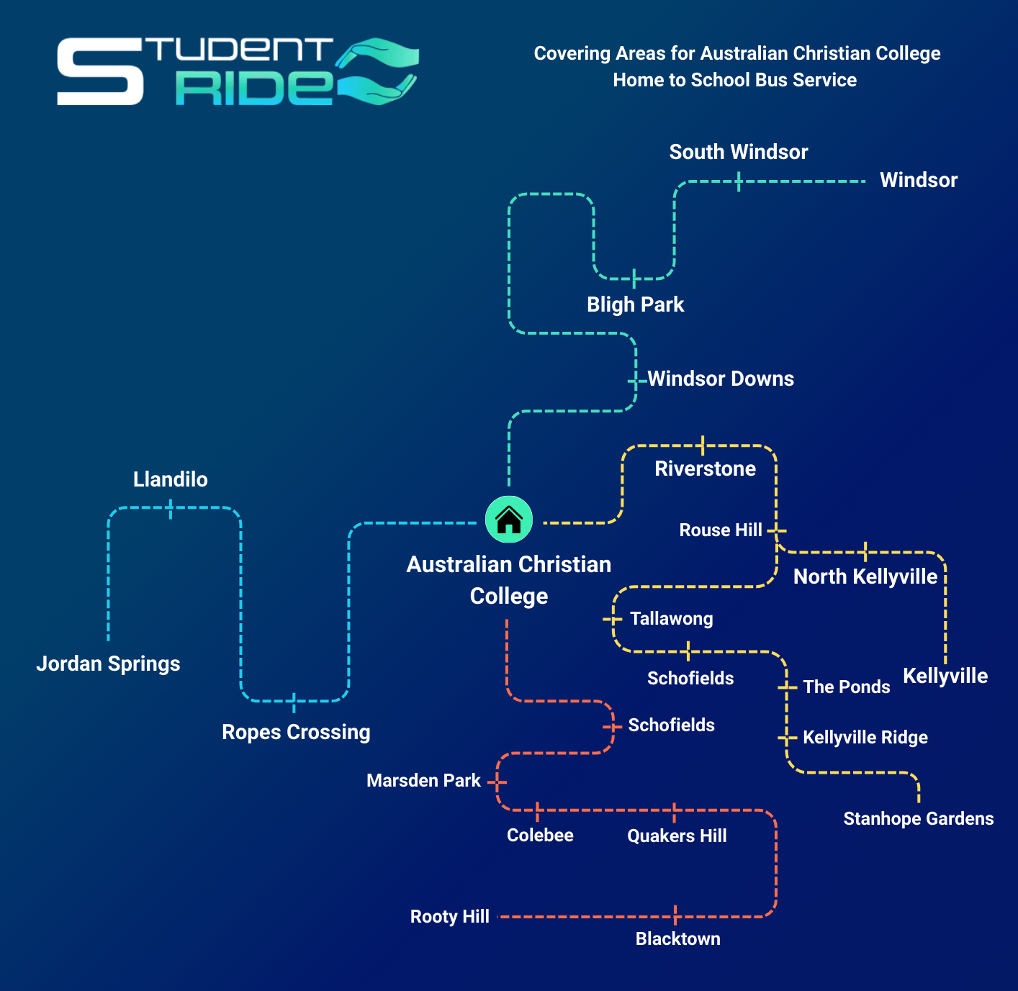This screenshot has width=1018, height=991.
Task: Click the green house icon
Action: coord(509,519)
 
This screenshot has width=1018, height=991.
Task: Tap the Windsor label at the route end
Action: coord(919,180)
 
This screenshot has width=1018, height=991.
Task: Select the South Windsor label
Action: coord(739,152)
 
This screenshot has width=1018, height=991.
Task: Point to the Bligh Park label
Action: coord(635,304)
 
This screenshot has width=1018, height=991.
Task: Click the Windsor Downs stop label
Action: coord(721,379)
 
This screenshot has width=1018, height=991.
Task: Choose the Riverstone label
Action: coord(705,469)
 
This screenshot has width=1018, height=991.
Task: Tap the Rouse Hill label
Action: coord(720,530)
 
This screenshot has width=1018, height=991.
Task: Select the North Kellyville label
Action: coord(865,576)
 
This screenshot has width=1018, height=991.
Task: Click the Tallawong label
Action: coord(671,619)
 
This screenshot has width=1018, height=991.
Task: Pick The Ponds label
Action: coord(847,687)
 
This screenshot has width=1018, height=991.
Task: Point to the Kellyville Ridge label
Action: coord(865,737)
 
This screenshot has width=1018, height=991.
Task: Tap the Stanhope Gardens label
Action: coord(918,818)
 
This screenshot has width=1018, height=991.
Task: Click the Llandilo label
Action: coord(171,479)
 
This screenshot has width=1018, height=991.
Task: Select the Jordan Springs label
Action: coord(108,664)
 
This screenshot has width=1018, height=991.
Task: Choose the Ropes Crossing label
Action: coord(296,732)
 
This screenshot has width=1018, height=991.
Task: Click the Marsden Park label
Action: coord(423,781)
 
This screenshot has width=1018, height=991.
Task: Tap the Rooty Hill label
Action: coord(449,916)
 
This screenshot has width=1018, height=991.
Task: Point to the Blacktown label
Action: coord(677,938)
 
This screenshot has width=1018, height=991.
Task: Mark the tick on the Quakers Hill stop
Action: coord(675,812)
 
